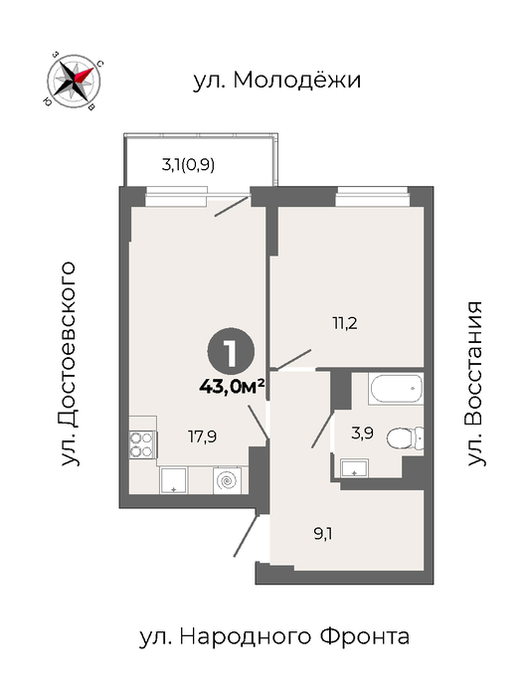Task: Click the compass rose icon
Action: point(74,81)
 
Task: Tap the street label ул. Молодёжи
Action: point(277,81)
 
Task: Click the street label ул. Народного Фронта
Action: point(274,637)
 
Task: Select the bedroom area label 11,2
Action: point(345,323)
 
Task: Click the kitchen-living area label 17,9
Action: point(203,437)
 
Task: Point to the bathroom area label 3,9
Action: point(362,433)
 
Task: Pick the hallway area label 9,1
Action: point(323,534)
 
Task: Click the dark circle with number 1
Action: point(231,352)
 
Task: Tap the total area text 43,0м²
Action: point(232,387)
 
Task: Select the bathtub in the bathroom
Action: point(396,389)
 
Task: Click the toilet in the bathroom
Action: point(405,438)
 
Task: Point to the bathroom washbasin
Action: point(354,468)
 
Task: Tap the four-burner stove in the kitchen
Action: point(142,445)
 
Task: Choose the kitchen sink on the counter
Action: point(173,480)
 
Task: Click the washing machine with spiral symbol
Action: point(227,480)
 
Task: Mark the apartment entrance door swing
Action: point(246,536)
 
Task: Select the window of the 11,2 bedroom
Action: point(372,197)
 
